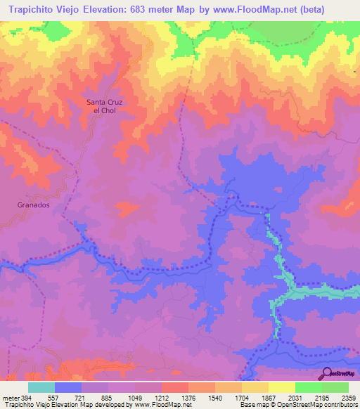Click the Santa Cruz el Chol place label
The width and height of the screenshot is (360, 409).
click(104, 107)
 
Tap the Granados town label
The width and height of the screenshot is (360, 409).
click(33, 204)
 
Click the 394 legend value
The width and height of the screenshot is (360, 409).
click(29, 397)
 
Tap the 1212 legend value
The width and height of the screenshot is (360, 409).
click(161, 397)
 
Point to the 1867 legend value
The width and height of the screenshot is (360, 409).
click(281, 397)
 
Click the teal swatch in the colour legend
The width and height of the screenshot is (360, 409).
click(41, 387)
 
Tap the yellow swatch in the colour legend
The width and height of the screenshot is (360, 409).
click(281, 387)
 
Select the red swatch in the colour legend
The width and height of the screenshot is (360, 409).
click(175, 387)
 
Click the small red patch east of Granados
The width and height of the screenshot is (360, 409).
click(127, 208)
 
